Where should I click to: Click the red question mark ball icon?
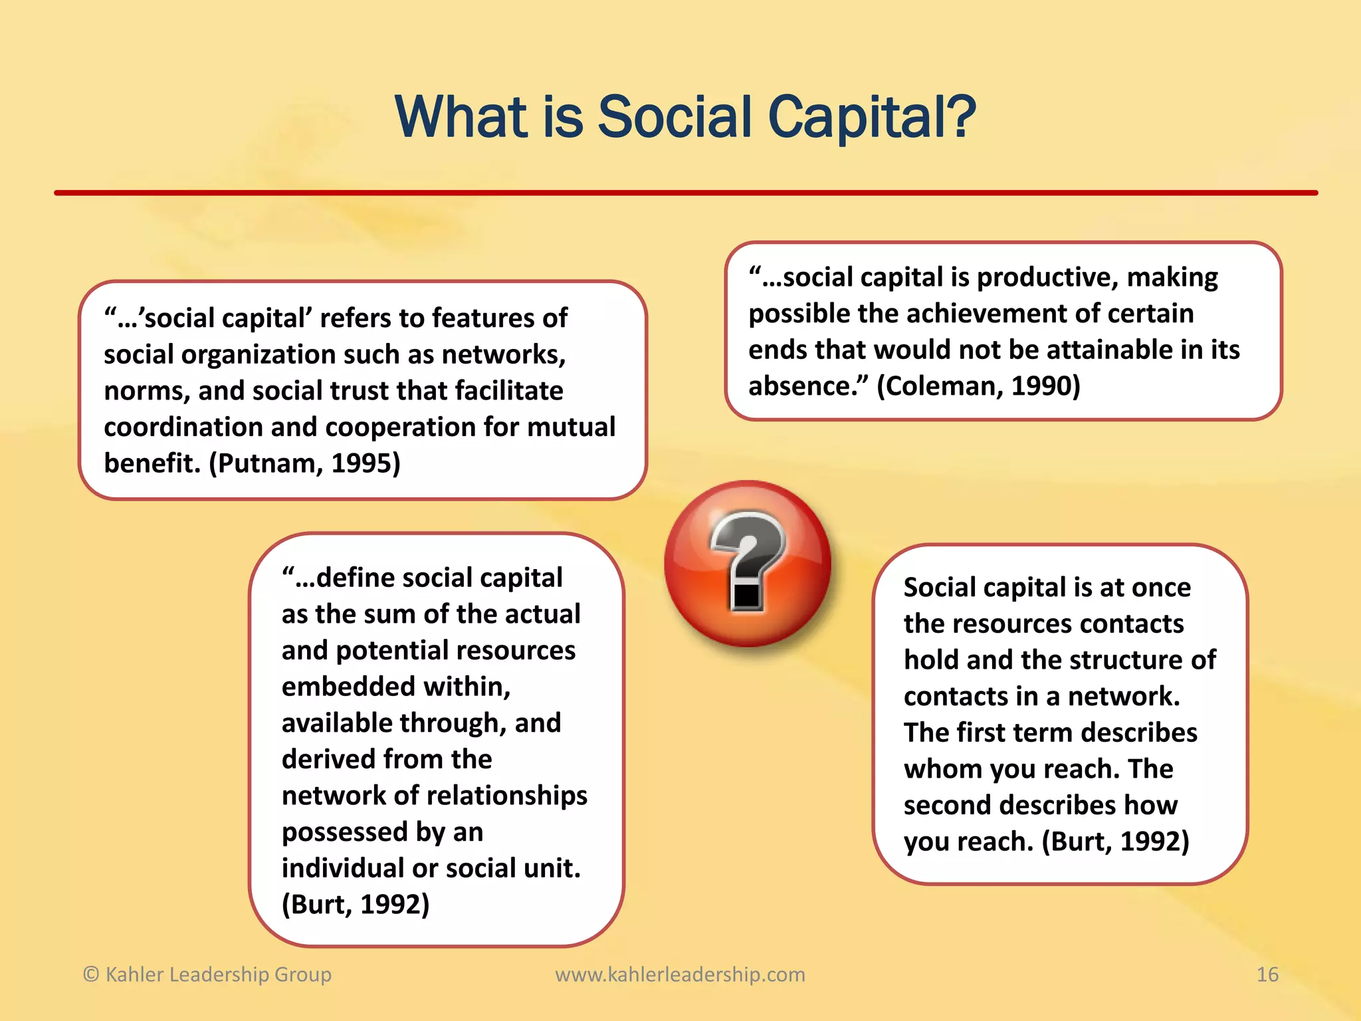748,564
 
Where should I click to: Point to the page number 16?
1267,974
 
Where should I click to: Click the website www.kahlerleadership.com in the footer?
680,974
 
